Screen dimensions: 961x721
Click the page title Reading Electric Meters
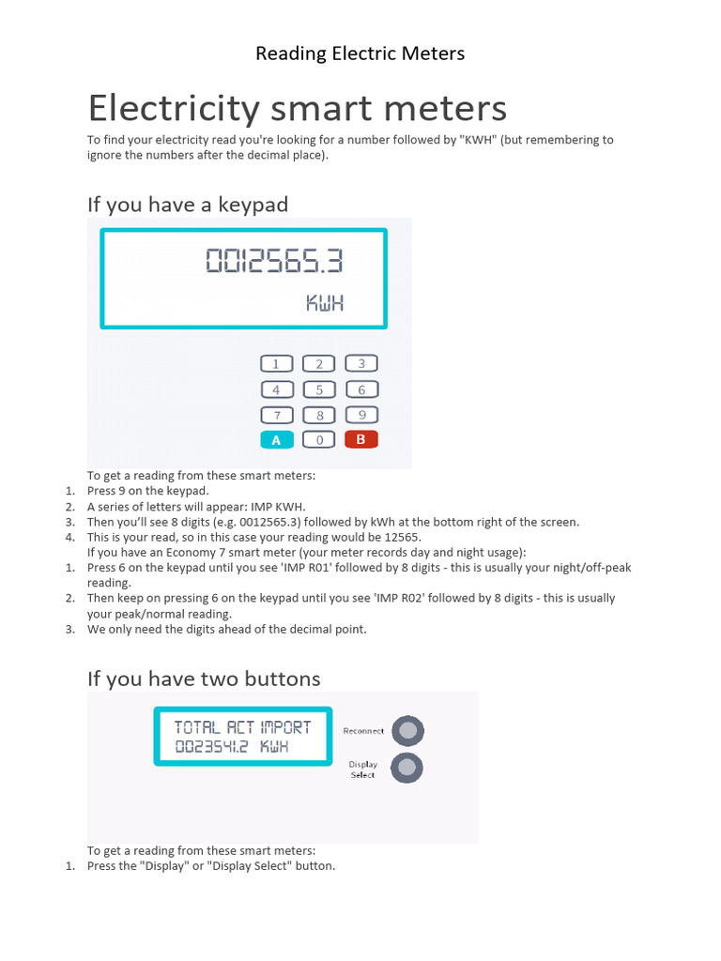[x=360, y=53]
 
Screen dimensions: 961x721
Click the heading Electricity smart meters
[x=297, y=109]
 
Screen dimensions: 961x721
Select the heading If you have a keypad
[x=188, y=204]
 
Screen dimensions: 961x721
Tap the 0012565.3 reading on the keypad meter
[x=274, y=261]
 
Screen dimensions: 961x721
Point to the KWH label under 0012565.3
[x=325, y=302]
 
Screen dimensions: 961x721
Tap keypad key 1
[x=276, y=364]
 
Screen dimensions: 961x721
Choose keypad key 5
[x=319, y=389]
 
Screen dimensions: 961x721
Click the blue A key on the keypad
[x=276, y=439]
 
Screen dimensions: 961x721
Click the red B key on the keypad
[x=361, y=438]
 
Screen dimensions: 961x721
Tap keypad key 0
[x=319, y=439]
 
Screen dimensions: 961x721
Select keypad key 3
[x=361, y=363]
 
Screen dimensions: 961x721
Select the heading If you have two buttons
[x=204, y=679]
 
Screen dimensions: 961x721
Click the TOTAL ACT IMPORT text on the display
[x=242, y=726]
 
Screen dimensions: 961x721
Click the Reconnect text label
[x=363, y=731]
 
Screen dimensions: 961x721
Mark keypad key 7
[x=276, y=415]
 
